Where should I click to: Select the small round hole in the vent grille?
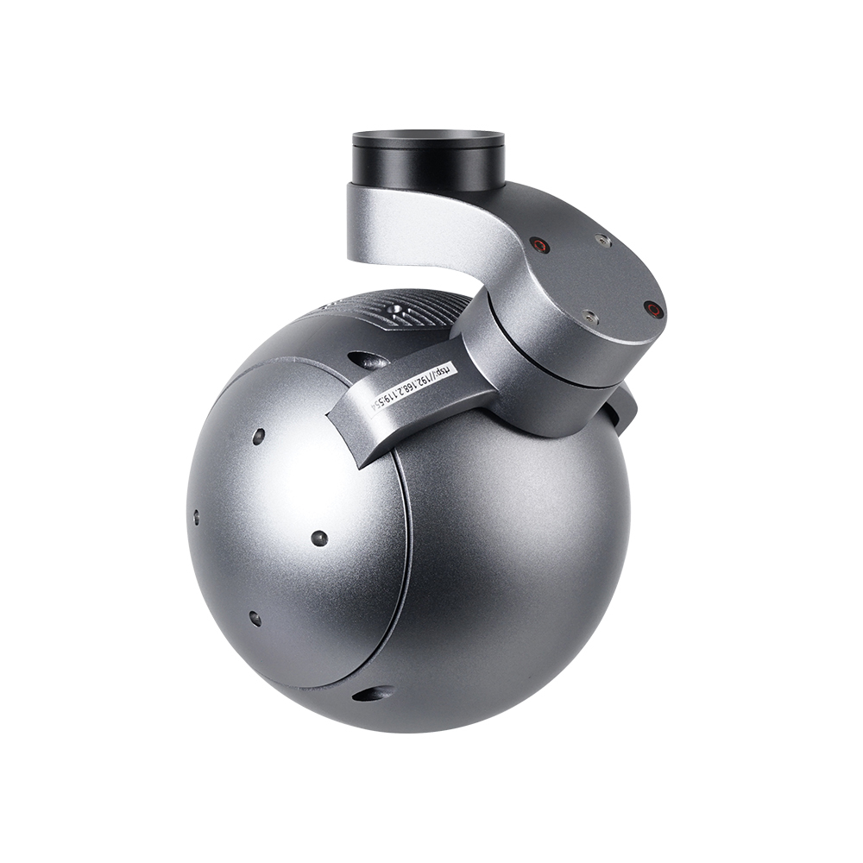[395, 308]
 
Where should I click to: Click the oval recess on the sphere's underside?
[374, 692]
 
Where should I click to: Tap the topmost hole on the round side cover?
[258, 436]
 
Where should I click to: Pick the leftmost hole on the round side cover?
[197, 517]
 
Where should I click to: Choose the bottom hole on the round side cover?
[255, 618]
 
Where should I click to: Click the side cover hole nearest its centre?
[318, 539]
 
